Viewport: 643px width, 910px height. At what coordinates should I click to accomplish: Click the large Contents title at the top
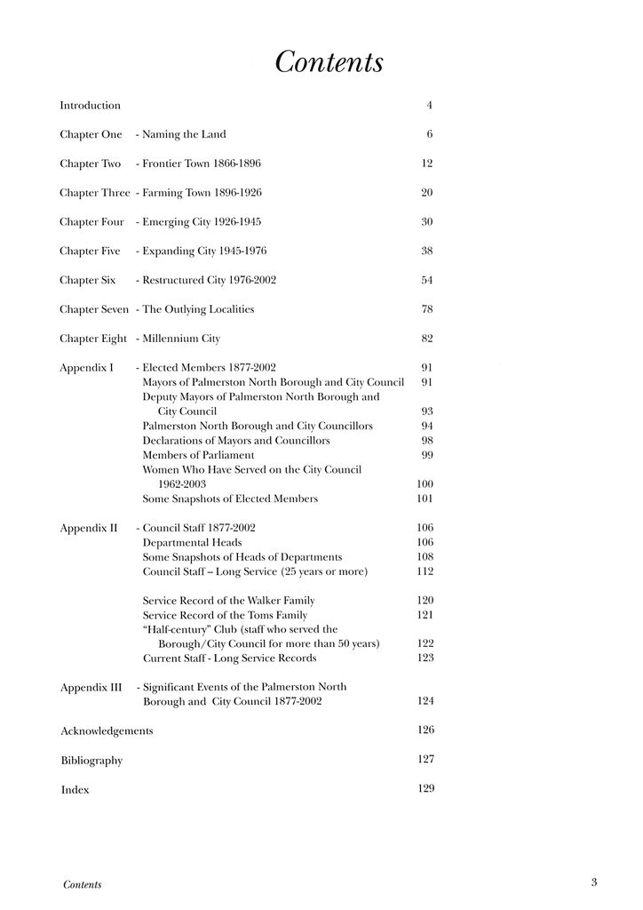click(329, 63)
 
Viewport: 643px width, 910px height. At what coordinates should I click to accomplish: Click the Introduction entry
click(90, 106)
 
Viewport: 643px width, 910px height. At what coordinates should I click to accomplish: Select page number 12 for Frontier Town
click(426, 164)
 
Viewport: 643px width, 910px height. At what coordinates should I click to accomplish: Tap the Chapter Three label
click(94, 193)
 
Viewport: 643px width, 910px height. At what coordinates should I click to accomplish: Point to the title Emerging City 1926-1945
click(202, 222)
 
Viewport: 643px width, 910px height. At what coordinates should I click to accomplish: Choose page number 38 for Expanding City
click(426, 251)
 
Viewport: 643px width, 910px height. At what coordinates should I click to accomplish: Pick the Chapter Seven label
click(94, 309)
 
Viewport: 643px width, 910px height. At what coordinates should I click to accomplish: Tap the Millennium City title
click(181, 339)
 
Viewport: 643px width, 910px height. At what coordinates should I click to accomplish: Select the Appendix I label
click(86, 367)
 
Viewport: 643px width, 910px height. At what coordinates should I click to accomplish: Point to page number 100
click(425, 484)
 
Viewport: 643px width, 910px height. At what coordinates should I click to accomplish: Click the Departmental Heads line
click(192, 542)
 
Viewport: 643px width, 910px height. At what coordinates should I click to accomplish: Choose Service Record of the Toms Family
click(225, 615)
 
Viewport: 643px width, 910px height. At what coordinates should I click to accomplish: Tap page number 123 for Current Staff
click(425, 659)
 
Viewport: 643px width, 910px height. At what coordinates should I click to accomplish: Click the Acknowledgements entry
click(107, 731)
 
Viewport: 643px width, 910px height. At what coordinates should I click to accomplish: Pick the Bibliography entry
click(91, 761)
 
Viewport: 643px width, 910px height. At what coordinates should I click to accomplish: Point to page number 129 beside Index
click(425, 789)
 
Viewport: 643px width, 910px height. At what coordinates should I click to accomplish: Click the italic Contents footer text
click(83, 884)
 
